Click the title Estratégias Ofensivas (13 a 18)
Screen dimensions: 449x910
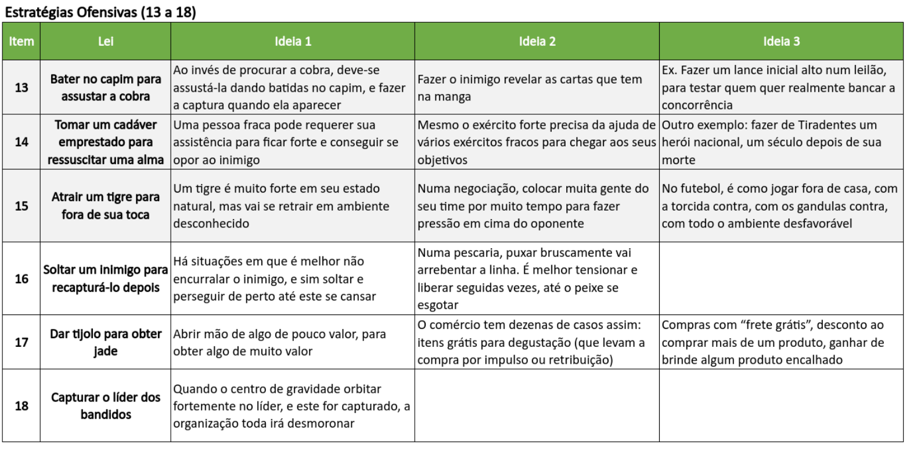point(100,12)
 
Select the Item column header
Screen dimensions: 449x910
point(21,42)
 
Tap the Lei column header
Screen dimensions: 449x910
point(105,42)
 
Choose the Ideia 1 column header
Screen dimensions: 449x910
point(293,42)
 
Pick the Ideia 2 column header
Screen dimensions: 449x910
point(537,42)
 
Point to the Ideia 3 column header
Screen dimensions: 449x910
point(782,42)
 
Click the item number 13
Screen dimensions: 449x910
point(21,88)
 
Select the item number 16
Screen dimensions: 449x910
point(21,279)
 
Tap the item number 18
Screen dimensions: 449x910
point(21,406)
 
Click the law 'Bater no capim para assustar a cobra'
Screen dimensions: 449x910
point(105,88)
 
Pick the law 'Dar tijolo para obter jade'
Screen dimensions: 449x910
point(105,343)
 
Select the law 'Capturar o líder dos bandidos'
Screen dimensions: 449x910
point(105,406)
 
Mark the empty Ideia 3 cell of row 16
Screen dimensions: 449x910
point(782,279)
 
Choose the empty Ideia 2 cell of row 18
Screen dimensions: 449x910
point(537,406)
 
